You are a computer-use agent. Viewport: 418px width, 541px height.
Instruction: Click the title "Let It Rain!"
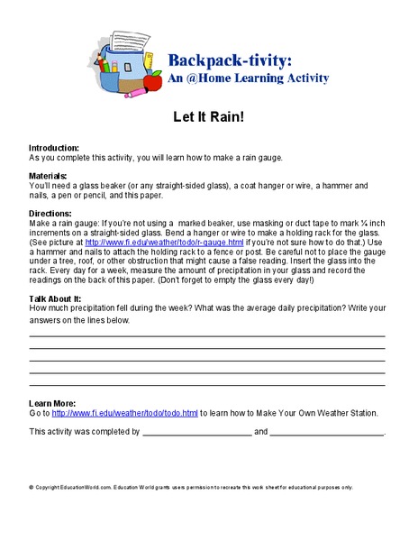210,117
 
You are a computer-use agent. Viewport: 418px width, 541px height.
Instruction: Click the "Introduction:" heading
54,147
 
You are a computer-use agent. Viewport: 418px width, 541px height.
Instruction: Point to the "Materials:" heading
49,176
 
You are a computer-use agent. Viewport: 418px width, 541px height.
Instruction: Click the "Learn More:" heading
52,402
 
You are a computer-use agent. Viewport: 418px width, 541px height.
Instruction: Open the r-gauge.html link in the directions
163,243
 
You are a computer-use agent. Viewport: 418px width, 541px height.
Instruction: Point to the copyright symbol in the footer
31,487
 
